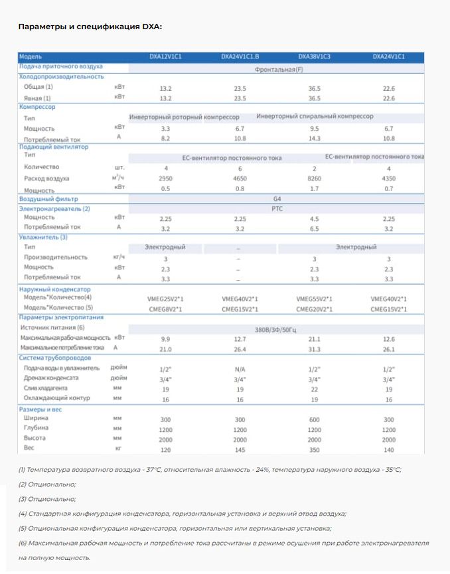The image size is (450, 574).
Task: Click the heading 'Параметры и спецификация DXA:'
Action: coord(90,27)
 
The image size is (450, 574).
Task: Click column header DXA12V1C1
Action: coord(166,57)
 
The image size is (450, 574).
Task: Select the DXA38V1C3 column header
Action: coord(315,57)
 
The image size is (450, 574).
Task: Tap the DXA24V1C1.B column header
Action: coord(240,57)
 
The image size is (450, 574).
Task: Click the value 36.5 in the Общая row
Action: coord(315,88)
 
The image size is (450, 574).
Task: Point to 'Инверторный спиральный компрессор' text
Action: coord(315,116)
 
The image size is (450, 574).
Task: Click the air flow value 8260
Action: coord(315,179)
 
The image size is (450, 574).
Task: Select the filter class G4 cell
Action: coord(277,198)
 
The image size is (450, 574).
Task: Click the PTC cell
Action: coord(277,208)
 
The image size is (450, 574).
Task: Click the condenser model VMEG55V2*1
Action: coord(315,299)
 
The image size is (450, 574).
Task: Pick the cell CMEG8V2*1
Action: coord(166,309)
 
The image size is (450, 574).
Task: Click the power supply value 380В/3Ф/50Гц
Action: coord(277,328)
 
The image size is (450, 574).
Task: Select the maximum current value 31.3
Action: coord(315,348)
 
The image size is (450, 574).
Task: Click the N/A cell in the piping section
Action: coord(240,368)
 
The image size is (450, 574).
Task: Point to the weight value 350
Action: coord(315,450)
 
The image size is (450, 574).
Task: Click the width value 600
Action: coord(315,420)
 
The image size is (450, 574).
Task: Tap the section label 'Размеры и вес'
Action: coord(41,409)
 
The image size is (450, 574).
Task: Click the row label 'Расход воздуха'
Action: coord(46,179)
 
